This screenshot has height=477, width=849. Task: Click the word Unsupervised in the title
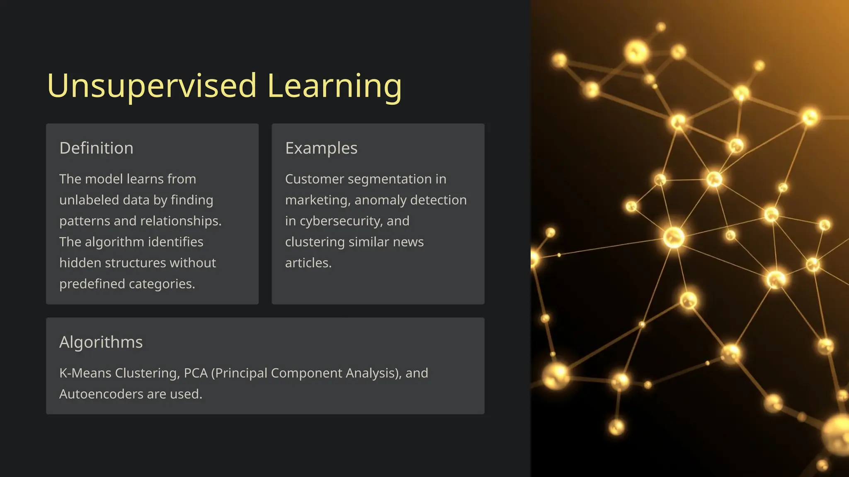152,86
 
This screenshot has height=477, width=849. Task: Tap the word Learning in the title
335,86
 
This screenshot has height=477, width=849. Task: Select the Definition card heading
96,148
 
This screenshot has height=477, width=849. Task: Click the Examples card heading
321,148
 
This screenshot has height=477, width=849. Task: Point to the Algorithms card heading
101,342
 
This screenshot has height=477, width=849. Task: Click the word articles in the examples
308,263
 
